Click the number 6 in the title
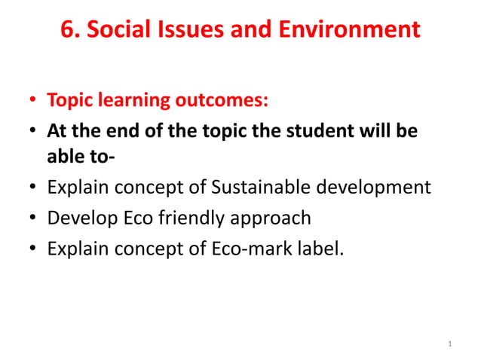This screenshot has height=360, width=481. click(67, 30)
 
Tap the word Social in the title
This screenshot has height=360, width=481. click(116, 30)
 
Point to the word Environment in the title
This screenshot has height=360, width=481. click(354, 30)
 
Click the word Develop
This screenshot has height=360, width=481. click(78, 218)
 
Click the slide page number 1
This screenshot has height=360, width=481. click(449, 345)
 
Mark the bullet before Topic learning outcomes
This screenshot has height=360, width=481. click(32, 101)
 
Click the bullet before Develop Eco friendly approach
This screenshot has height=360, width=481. click(32, 219)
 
